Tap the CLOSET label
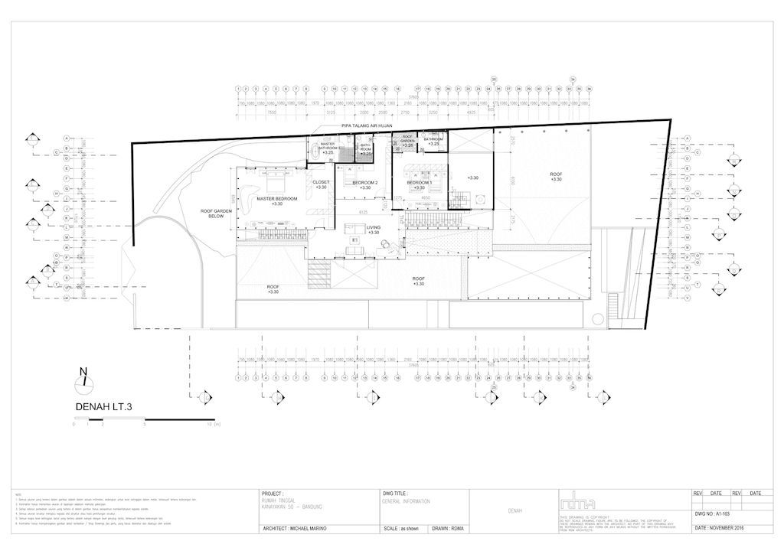pyautogui.click(x=321, y=184)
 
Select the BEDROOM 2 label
pyautogui.click(x=365, y=184)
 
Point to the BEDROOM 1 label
pyautogui.click(x=420, y=184)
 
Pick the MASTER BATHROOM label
pyautogui.click(x=328, y=147)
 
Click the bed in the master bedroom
pyautogui.click(x=274, y=184)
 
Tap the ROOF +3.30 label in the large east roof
pyautogui.click(x=556, y=176)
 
